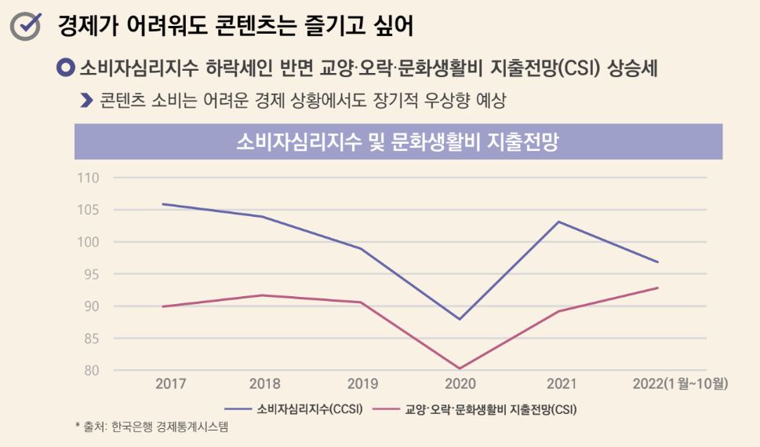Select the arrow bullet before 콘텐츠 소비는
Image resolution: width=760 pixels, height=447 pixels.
coord(87,101)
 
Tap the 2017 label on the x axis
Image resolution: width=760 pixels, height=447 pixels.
coord(171,384)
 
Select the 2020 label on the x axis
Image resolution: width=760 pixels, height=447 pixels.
coord(460,384)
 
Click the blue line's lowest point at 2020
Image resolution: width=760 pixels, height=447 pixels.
coord(460,319)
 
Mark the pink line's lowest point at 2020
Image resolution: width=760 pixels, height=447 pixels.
coord(460,368)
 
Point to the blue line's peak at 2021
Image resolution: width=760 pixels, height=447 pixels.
coord(558,222)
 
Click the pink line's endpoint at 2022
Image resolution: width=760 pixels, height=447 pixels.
coord(657,288)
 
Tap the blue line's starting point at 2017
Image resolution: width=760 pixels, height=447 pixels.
coord(162,204)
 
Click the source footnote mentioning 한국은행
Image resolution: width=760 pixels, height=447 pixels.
coord(152,427)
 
